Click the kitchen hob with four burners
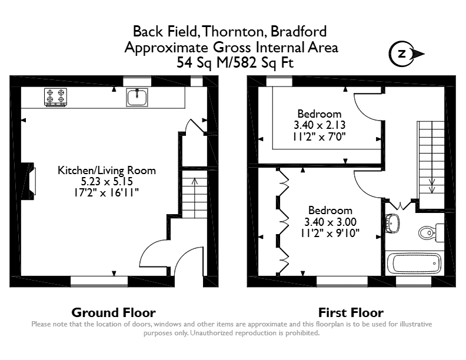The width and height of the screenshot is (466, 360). pos(55,97)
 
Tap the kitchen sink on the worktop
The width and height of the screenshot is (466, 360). pos(137,97)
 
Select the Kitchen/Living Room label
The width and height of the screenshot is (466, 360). pos(106,171)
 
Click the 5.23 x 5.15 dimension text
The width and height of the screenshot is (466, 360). pos(106,182)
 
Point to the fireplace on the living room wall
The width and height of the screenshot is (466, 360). pos(28,181)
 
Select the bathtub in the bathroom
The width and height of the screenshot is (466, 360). pos(414,264)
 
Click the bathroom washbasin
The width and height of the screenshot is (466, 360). pos(392,223)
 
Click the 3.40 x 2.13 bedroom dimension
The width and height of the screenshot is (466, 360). pos(319,125)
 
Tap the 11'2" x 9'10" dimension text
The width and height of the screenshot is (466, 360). pos(330,233)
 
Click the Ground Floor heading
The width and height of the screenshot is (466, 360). pos(114,313)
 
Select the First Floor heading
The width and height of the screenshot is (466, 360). pos(351,313)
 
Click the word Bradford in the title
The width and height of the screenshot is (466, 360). pos(299,32)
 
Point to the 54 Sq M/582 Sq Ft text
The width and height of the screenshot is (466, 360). pos(235,62)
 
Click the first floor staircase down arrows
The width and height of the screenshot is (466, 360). pos(432,186)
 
